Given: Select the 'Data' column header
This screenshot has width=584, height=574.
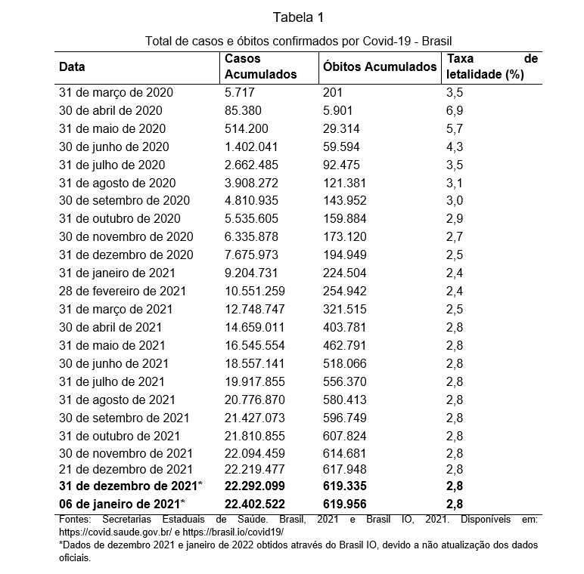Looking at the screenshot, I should (72, 66).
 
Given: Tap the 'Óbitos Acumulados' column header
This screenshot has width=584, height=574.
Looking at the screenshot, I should (380, 66).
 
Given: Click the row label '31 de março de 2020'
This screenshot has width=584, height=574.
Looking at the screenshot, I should (116, 92).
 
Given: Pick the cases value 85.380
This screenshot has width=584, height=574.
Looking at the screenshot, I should (244, 110).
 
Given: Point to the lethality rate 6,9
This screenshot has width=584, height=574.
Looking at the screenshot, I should (455, 110).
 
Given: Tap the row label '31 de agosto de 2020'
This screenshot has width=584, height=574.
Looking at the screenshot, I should (117, 183).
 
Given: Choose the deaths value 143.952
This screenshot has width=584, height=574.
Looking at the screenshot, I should (345, 201).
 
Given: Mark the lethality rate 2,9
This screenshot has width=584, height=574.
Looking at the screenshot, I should (455, 218).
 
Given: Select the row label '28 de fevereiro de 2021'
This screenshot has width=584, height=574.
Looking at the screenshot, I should (123, 291).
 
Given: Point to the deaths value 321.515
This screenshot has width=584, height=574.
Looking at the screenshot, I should (345, 309).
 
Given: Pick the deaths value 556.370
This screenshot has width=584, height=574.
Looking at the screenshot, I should (345, 381).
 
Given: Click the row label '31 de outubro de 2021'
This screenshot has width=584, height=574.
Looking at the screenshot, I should (120, 436).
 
